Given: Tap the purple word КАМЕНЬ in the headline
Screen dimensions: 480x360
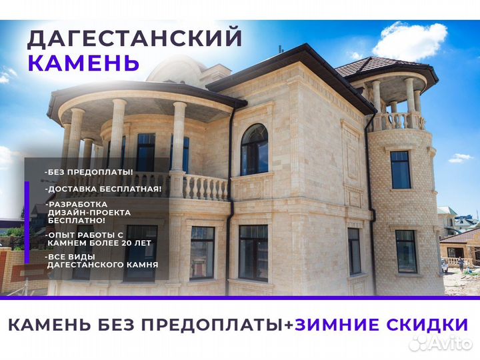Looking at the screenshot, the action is pos(83,63).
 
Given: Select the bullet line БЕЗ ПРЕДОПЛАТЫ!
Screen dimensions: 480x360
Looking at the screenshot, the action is pos(89,172).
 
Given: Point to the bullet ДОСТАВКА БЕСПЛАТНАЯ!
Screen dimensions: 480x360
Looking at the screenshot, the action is pos(103,189).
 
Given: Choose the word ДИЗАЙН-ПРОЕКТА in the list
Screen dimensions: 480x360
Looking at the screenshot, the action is pos(89,212).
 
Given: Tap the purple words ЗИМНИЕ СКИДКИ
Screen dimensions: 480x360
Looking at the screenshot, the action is pos(381,325).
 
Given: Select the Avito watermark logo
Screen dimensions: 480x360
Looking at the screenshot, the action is pos(440,343).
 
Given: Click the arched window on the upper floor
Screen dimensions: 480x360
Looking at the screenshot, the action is pos(254,149).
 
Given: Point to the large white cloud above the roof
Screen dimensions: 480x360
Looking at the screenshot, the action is pos(409,41).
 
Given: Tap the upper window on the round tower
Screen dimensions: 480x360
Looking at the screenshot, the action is pos(401,170).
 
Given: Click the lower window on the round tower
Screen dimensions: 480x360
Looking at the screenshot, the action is pos(406,251).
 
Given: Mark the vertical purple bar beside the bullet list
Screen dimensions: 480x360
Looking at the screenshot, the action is pos(27,223).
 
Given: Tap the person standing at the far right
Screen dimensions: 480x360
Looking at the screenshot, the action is pos(461,265).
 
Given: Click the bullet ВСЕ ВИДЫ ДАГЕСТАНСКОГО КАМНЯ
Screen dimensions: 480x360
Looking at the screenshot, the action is pos(101,261).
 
